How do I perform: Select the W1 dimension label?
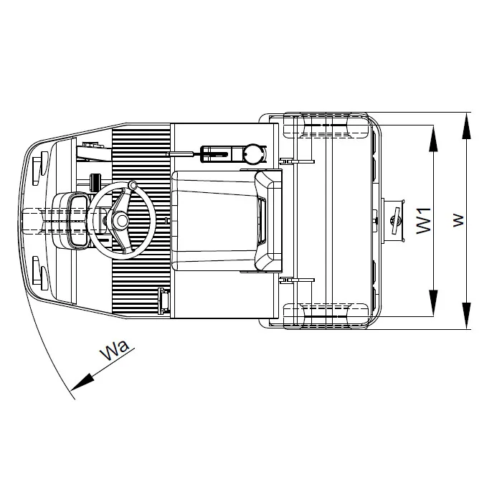424,220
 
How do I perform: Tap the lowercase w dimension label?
459,220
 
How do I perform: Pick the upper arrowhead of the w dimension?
466,126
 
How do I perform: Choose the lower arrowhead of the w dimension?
466,316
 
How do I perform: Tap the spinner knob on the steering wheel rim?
133,185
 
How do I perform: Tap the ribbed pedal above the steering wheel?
94,182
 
